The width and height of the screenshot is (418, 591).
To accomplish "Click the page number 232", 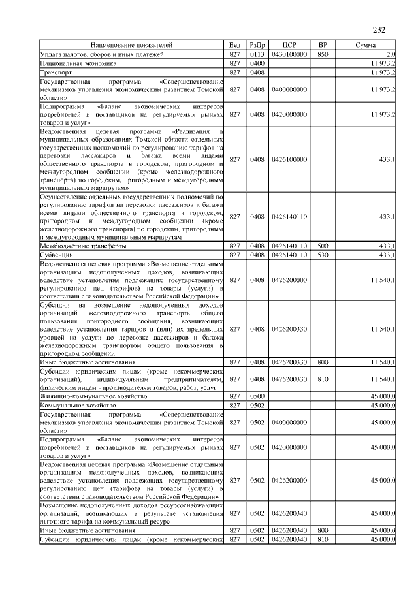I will (379, 29).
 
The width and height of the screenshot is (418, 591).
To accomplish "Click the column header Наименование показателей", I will (131, 44).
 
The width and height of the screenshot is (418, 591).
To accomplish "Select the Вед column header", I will (235, 44).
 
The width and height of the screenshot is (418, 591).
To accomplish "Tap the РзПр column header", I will (257, 44).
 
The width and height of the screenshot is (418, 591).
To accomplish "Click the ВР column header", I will (322, 44).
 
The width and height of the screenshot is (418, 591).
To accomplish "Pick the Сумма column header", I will (365, 44).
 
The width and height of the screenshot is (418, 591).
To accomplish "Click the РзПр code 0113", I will (257, 54).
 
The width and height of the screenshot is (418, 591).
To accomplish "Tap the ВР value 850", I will (322, 54).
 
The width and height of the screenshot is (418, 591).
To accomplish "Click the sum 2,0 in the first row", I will (391, 54).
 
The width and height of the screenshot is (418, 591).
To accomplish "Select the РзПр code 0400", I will (257, 64).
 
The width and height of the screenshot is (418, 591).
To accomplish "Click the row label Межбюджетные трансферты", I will (83, 246).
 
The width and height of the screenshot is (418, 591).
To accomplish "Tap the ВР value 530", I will (322, 255).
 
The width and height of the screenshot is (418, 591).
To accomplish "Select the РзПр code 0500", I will (257, 396).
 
